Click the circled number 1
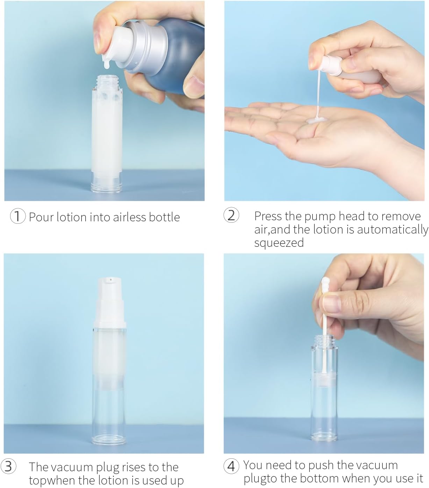click(18, 217)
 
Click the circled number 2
click(231, 215)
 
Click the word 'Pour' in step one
click(41, 217)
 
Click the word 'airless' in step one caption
click(129, 217)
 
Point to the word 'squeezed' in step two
click(279, 243)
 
